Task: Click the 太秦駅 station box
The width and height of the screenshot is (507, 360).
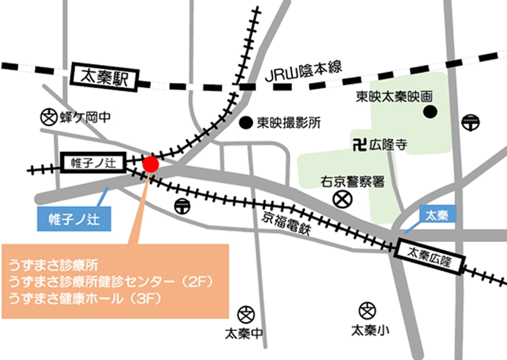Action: point(105,76)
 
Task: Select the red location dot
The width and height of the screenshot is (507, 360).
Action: point(151,164)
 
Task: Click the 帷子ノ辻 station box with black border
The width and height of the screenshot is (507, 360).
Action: point(92,160)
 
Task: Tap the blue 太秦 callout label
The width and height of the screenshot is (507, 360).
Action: point(437,215)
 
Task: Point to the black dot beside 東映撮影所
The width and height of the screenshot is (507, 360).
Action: point(245,123)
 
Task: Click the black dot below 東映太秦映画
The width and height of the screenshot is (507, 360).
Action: point(430,111)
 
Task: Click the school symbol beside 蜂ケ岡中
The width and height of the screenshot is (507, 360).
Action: point(48,116)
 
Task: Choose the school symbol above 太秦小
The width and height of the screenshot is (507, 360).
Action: point(367,310)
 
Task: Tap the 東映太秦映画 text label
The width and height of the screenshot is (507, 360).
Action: point(394,95)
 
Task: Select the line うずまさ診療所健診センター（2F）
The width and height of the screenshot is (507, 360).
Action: point(110,281)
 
